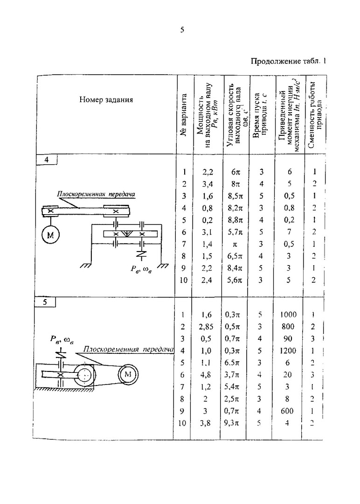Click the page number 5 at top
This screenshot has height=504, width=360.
tap(182, 30)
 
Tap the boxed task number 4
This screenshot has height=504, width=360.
tap(46, 160)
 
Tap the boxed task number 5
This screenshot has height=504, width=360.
tap(46, 302)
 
